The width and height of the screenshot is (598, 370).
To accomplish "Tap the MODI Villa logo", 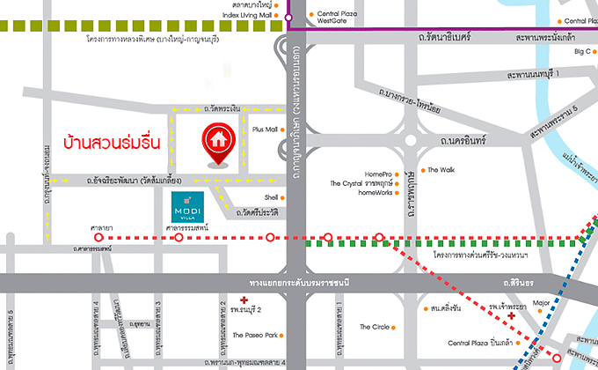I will coord(189,206).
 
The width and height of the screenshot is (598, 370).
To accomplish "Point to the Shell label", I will coord(271,197).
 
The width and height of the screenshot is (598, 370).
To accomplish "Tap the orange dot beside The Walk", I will coord(422,170).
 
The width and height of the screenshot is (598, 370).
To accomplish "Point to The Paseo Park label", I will coord(255,336).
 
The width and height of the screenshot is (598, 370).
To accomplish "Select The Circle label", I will coord(375,328).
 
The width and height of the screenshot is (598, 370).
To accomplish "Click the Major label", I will coord(541,305).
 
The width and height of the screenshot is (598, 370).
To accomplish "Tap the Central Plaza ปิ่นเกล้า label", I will coord(482,342).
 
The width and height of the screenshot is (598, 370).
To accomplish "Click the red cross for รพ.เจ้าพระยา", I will coord(511,314).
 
